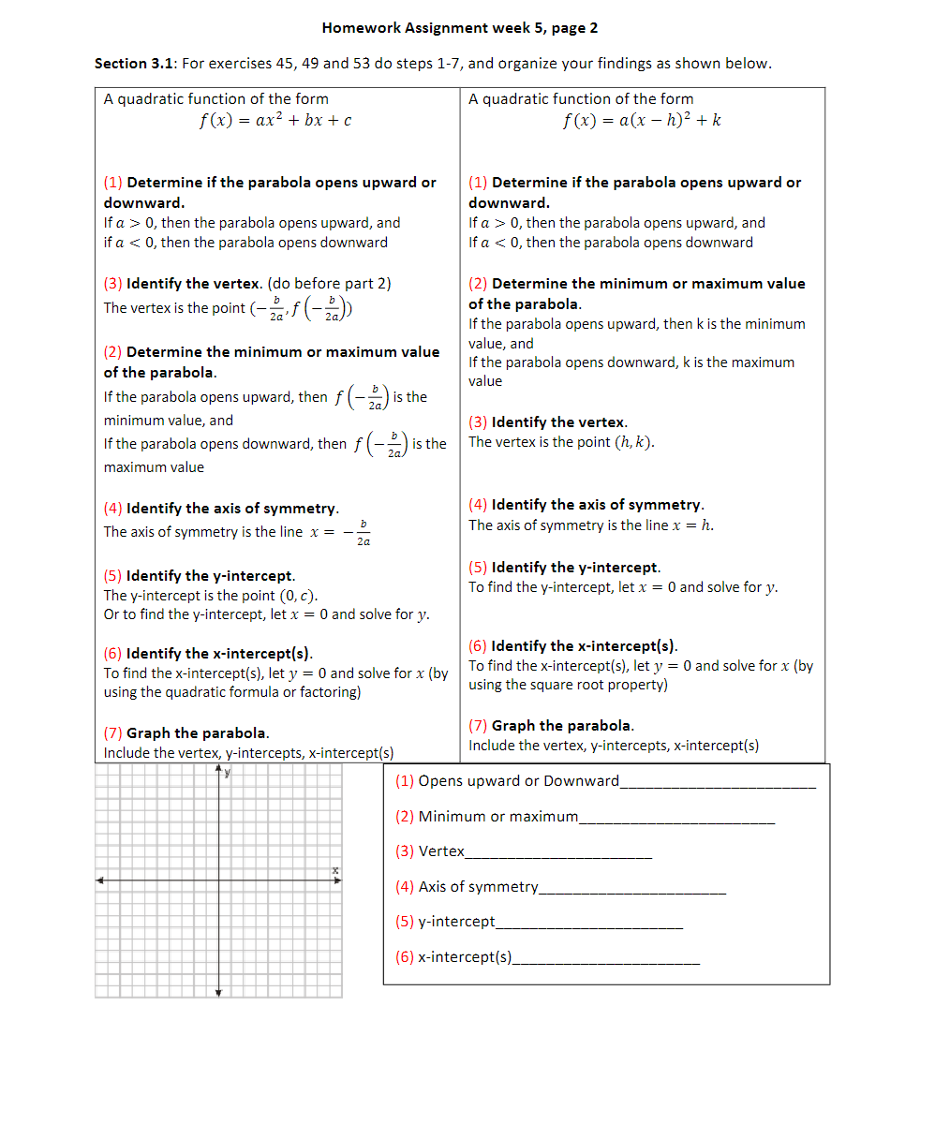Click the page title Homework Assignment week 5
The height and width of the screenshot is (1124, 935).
(x=459, y=28)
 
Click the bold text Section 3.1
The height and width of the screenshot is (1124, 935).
(x=135, y=64)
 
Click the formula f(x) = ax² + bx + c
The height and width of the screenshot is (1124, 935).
(x=275, y=121)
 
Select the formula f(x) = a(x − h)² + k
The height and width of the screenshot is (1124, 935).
(x=642, y=121)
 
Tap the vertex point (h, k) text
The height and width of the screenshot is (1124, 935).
(x=633, y=442)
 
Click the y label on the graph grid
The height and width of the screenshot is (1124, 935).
(x=228, y=774)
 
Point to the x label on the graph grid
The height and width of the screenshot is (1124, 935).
(x=334, y=871)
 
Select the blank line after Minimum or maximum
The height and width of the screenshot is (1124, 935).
(x=676, y=821)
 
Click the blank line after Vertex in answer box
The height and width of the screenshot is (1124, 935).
(x=558, y=857)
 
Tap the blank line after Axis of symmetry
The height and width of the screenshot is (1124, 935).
(x=632, y=892)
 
